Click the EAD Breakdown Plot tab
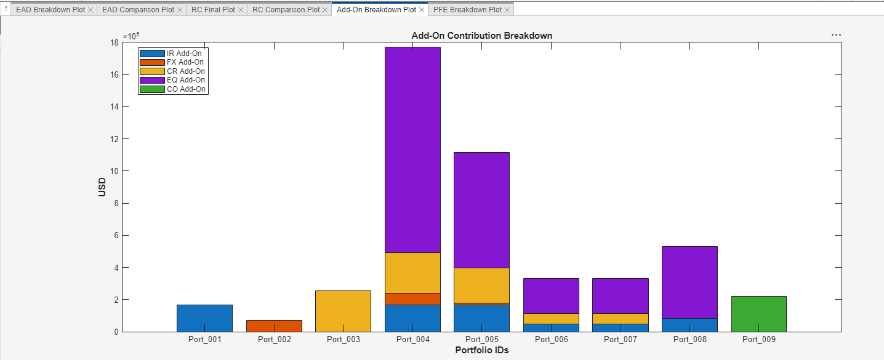(x=50, y=10)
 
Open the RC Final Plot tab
(x=212, y=10)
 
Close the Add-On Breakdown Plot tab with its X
(x=422, y=10)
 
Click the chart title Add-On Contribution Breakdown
(x=481, y=36)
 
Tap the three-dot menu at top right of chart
(x=836, y=35)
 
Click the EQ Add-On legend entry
(x=185, y=80)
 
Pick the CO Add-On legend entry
(x=186, y=89)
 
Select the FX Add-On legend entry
(x=185, y=62)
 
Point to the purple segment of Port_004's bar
(x=412, y=150)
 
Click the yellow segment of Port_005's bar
(x=481, y=285)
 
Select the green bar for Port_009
(x=758, y=314)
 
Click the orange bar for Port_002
(x=274, y=326)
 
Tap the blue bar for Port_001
(x=204, y=318)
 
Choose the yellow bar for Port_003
(x=343, y=311)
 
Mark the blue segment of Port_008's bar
(x=689, y=325)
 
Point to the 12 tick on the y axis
(x=115, y=139)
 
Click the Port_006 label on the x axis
(x=551, y=339)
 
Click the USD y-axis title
(x=102, y=187)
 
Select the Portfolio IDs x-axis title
(x=481, y=350)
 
